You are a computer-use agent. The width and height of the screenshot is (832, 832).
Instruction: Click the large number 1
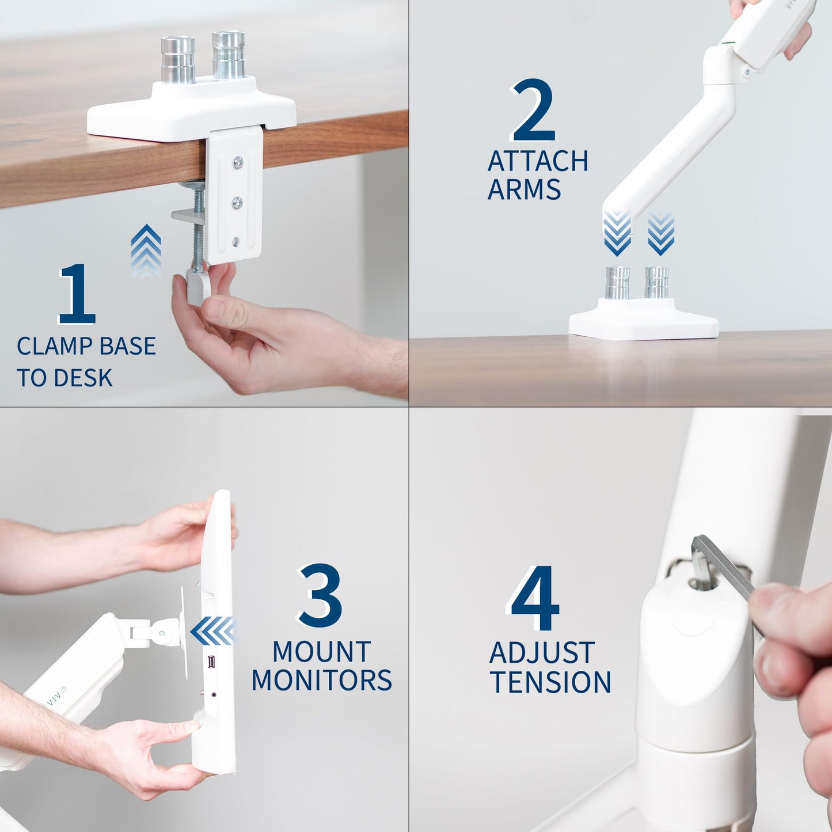tap(77, 294)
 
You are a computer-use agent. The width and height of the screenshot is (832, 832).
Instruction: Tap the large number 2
tap(533, 110)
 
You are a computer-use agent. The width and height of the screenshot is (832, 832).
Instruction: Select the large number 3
tap(320, 595)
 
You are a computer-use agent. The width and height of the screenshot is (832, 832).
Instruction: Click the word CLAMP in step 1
tap(55, 346)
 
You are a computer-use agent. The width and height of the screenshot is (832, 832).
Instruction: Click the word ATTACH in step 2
tap(538, 161)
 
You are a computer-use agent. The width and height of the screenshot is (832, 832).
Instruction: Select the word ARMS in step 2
tap(524, 189)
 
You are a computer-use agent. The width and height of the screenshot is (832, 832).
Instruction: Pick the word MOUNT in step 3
tap(322, 652)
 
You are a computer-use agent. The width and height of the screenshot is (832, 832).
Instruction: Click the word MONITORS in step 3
tap(322, 681)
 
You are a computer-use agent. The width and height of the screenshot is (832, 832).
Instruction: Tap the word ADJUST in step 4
tap(542, 653)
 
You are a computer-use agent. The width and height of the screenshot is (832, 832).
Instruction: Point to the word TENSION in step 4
tap(551, 682)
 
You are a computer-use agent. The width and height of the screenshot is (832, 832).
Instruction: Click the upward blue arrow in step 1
tap(146, 250)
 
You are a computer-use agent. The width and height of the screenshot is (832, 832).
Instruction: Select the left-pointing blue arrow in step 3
tap(214, 631)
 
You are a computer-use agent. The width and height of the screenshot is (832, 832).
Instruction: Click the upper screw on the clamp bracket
tap(238, 163)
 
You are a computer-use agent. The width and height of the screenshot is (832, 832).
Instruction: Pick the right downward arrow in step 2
tap(660, 234)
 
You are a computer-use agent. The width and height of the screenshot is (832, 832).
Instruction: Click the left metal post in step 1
tap(178, 59)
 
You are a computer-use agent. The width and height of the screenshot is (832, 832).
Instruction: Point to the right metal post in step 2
tap(657, 282)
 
